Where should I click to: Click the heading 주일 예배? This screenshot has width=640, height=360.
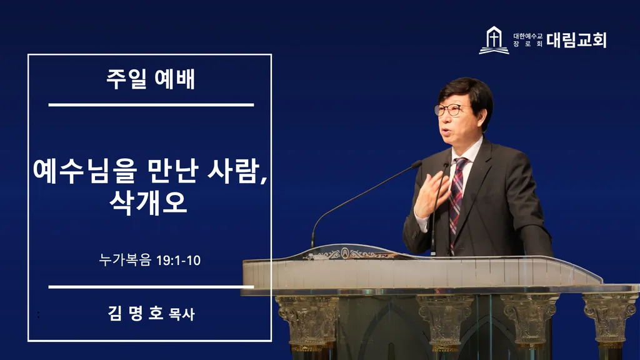151,79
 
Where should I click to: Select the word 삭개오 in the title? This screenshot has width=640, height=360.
148,202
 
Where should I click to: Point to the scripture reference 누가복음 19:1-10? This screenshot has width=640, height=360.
150,260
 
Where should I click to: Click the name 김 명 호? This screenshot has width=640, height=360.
136,313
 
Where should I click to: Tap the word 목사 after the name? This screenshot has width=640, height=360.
182,314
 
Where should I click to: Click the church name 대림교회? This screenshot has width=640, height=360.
576,40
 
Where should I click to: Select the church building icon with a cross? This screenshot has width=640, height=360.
494,40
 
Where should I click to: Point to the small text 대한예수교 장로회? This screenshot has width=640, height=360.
527,40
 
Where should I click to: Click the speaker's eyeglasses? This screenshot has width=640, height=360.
451,109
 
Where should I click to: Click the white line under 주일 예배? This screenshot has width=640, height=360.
151,105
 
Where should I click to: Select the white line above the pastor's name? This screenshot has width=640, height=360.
151,287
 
